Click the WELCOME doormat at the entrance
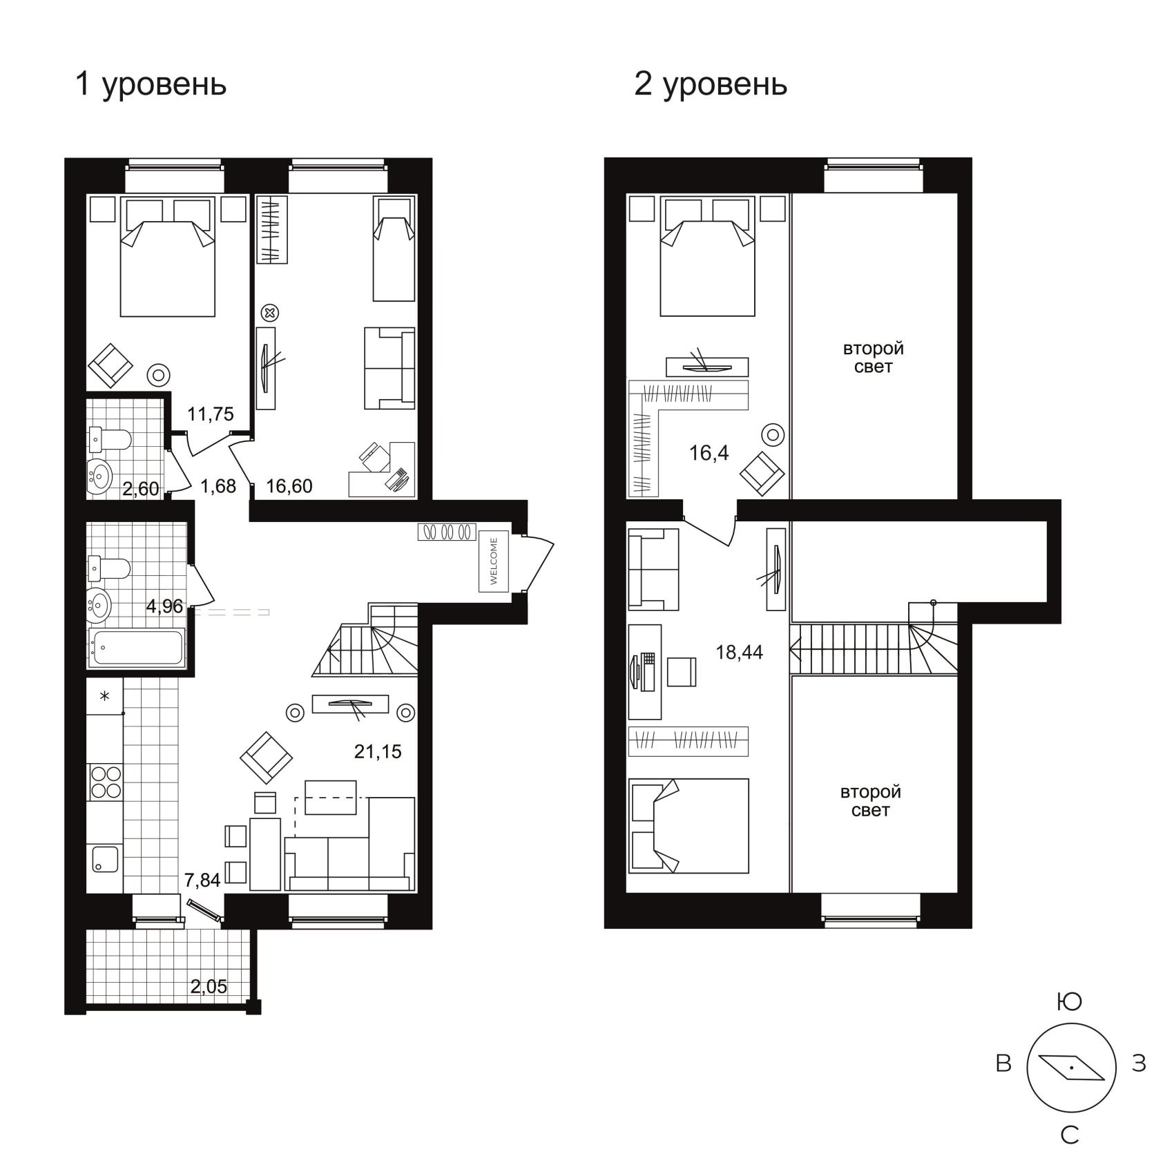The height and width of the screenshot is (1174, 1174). (494, 561)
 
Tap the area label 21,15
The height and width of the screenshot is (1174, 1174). (378, 751)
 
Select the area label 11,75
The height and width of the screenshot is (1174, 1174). (211, 414)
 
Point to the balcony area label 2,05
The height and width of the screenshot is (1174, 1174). (209, 987)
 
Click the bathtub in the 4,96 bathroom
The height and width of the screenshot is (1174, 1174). (137, 648)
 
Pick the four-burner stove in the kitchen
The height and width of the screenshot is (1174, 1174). (105, 782)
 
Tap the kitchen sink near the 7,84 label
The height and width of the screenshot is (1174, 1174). (105, 858)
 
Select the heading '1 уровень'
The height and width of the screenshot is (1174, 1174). (151, 86)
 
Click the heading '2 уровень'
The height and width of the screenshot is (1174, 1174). (711, 86)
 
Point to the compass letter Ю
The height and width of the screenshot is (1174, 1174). (1070, 1002)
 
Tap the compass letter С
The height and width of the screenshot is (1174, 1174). (1070, 1135)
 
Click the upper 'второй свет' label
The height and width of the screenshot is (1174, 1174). (874, 358)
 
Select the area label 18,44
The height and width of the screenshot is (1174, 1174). (740, 652)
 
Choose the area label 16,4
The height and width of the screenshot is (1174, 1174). (709, 453)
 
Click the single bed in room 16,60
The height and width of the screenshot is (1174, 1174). (394, 249)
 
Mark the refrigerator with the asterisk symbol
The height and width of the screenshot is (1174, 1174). (105, 696)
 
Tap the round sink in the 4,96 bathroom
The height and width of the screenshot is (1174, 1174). (100, 606)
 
